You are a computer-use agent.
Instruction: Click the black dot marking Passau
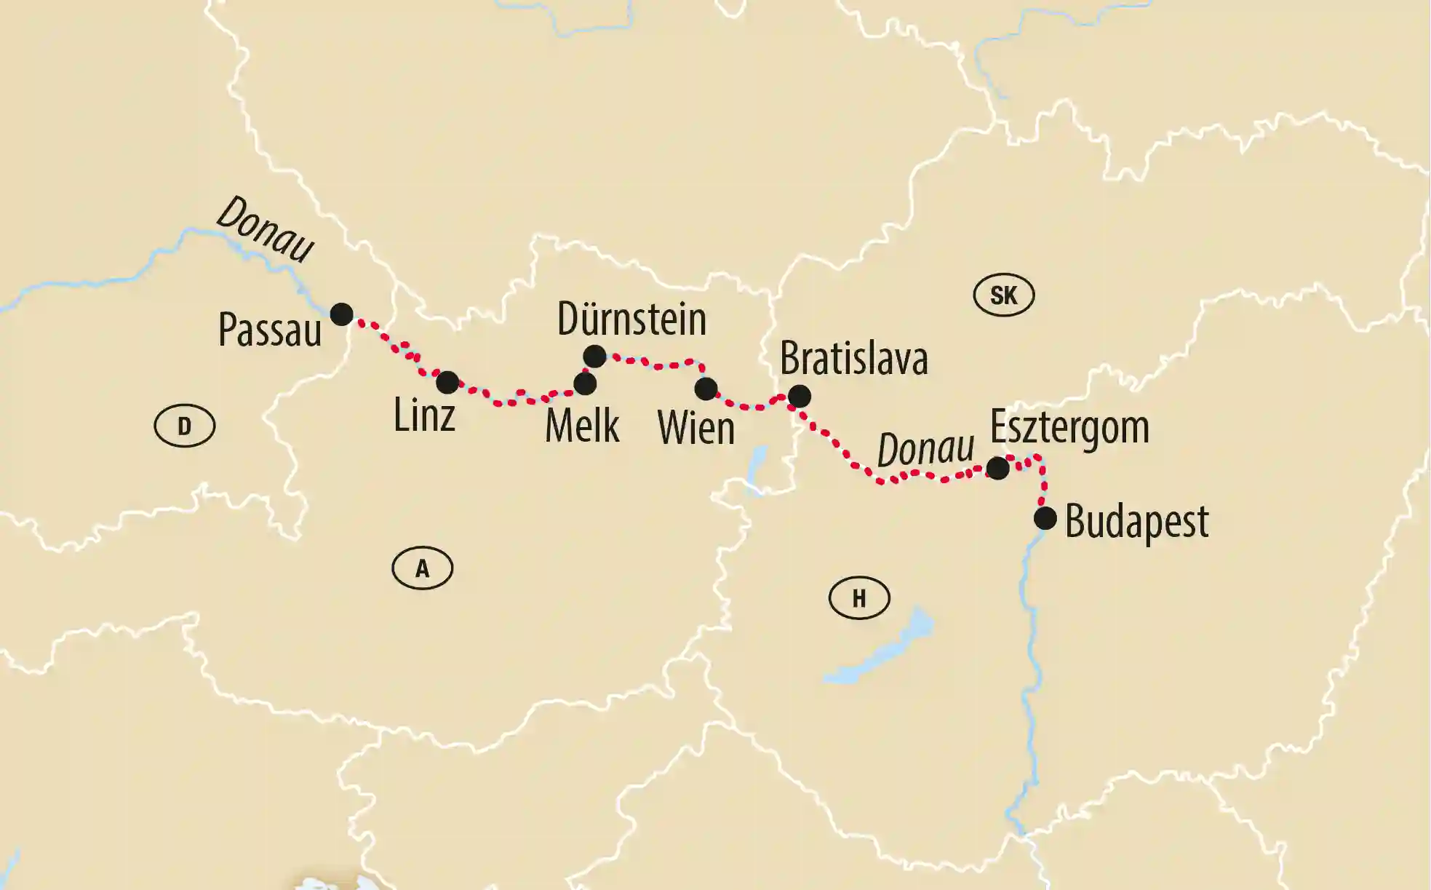[342, 314]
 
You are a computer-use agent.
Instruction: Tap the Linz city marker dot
[447, 382]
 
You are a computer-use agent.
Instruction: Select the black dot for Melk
[585, 384]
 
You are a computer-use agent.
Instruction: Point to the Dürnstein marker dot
[594, 356]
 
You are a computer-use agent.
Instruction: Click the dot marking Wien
[706, 389]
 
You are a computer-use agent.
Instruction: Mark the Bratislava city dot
[799, 397]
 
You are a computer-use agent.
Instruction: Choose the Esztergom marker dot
[997, 468]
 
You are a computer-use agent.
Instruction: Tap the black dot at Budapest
[1045, 519]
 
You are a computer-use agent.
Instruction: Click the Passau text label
[270, 330]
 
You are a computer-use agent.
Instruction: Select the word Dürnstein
[631, 319]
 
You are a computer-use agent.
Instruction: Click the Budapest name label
[1136, 522]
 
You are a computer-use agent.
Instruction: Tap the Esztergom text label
[1069, 427]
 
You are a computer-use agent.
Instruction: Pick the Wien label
[696, 428]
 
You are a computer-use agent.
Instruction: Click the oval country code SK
[1004, 295]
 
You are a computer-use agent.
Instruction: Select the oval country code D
[185, 426]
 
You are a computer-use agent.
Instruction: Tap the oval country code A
[423, 568]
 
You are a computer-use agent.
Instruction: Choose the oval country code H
[859, 598]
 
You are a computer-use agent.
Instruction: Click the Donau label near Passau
[266, 229]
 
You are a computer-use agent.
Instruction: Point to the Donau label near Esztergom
[925, 450]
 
